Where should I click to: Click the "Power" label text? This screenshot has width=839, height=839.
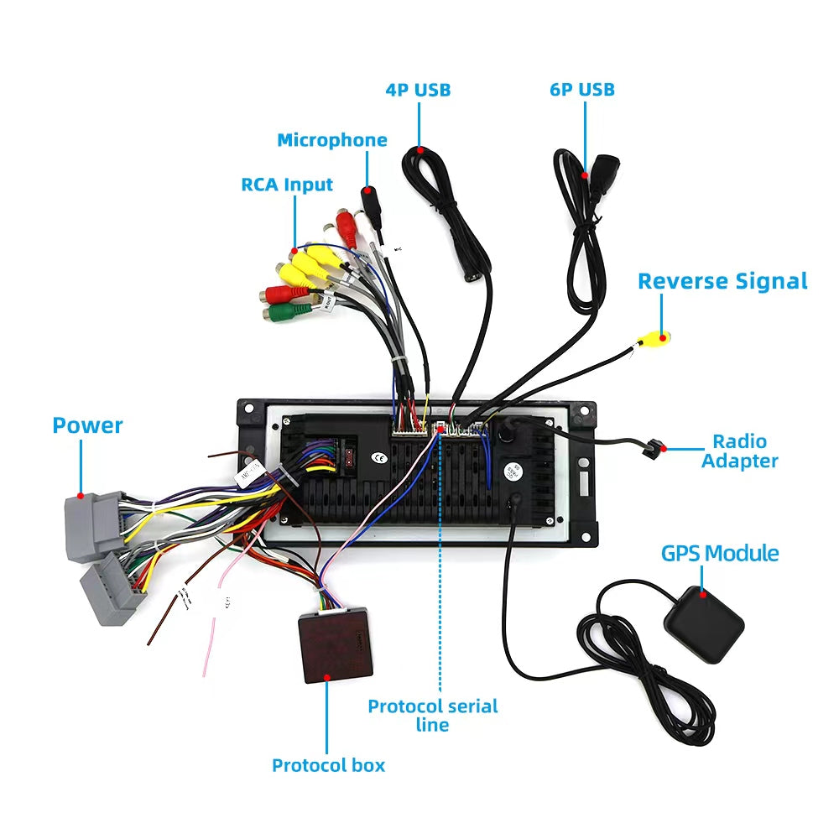pyautogui.click(x=87, y=425)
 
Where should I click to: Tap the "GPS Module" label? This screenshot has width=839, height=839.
pyautogui.click(x=720, y=554)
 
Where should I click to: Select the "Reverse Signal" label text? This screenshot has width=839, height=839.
pyautogui.click(x=722, y=281)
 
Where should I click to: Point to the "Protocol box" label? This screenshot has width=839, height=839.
pyautogui.click(x=328, y=764)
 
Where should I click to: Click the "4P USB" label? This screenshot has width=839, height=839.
pyautogui.click(x=418, y=90)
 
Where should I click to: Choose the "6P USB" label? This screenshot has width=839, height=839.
pyautogui.click(x=582, y=89)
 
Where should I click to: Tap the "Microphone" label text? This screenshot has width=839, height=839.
pyautogui.click(x=332, y=140)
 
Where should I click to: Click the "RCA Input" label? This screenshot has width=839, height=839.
pyautogui.click(x=287, y=185)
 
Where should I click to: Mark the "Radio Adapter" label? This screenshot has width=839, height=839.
pyautogui.click(x=739, y=451)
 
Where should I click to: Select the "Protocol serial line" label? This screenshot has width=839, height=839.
pyautogui.click(x=433, y=715)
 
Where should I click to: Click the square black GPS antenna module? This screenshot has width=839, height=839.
pyautogui.click(x=704, y=622)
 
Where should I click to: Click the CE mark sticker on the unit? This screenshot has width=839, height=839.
pyautogui.click(x=379, y=457)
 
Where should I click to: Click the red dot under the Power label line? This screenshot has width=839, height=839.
pyautogui.click(x=81, y=496)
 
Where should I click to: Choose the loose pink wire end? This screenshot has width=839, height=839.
pyautogui.click(x=206, y=663)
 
